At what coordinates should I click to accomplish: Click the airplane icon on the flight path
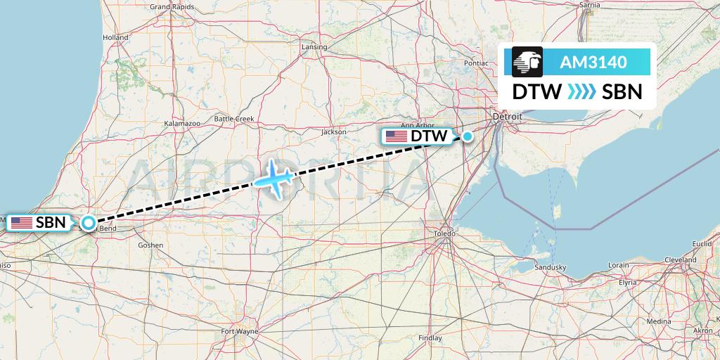pos(274,178)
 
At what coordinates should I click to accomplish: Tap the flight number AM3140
pos(593,63)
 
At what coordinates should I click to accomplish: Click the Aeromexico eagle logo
pos(528,62)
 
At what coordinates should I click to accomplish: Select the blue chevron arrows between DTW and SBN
pos(581,92)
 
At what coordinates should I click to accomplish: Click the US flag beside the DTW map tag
pos(397,136)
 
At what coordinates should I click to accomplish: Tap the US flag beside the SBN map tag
pos(21,223)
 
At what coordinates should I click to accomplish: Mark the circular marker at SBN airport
pos(89,223)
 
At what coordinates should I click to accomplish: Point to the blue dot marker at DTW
pos(468,136)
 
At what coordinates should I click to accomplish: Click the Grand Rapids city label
pos(172,7)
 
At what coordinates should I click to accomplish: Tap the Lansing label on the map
pos(314,47)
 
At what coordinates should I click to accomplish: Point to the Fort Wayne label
pos(240,330)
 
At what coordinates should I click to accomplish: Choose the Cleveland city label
pos(680,259)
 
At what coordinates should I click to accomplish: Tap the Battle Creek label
pos(233,119)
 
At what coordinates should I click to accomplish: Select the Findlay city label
pos(430,337)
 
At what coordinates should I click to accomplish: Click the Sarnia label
pos(589,5)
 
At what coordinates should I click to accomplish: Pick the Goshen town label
pos(150,245)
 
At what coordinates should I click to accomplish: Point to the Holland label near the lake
pos(115,37)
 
